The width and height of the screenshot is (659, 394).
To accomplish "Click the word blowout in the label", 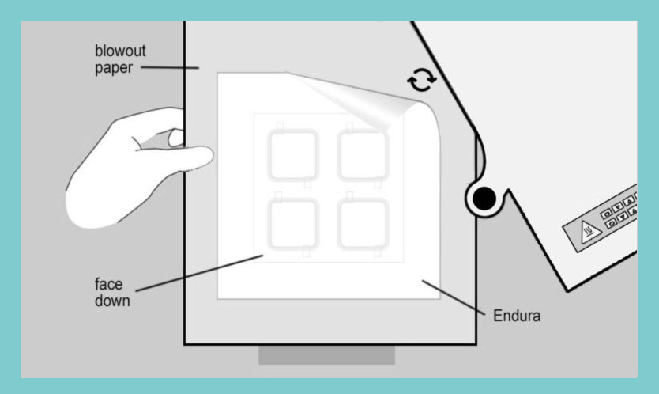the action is (120, 51).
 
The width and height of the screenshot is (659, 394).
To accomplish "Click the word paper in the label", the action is (114, 68).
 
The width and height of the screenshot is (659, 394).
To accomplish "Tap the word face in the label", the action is (108, 284).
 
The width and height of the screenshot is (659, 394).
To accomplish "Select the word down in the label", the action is (112, 301).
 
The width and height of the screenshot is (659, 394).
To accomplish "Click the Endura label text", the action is (517, 316).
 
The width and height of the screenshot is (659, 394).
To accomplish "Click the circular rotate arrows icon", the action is (421, 80).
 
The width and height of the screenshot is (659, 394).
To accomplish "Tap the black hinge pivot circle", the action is (484, 199).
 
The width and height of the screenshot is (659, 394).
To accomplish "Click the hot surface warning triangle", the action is (588, 232).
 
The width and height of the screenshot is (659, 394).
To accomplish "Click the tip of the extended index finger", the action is (209, 157).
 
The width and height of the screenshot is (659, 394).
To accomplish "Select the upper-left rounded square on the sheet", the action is (293, 155).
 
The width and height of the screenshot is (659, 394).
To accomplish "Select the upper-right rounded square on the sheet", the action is (363, 155).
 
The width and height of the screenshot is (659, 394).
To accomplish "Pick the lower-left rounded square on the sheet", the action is (293, 224).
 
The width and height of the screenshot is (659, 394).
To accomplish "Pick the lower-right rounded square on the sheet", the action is (363, 224).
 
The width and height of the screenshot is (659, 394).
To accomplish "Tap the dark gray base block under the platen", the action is (326, 355).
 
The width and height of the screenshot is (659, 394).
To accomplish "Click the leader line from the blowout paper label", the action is (170, 67).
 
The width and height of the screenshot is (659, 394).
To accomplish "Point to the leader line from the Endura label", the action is (454, 297).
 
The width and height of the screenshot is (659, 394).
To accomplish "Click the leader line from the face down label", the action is (199, 273).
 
